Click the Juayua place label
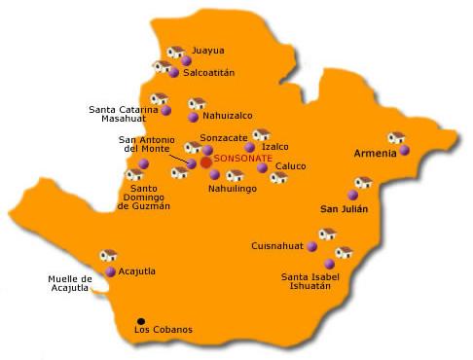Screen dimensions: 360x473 coord(208,50)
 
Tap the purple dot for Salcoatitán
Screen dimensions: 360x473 coord(174,73)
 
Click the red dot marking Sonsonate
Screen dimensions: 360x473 coord(206,162)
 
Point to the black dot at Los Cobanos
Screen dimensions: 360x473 coord(141,320)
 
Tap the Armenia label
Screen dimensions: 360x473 coord(375,154)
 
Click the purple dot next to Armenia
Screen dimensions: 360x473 coord(404,151)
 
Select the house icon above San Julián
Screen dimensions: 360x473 coord(363,182)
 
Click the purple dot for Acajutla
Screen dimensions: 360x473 coord(111,271)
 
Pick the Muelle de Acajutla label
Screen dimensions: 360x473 coord(70,284)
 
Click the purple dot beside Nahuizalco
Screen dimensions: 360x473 coord(193,117)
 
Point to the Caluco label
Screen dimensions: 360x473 coord(291,165)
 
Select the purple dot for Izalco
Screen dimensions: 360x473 coord(250,148)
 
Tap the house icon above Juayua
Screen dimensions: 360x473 coord(176,53)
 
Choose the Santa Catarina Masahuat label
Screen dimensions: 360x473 coord(124,114)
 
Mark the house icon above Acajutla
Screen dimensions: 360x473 coord(108,256)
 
